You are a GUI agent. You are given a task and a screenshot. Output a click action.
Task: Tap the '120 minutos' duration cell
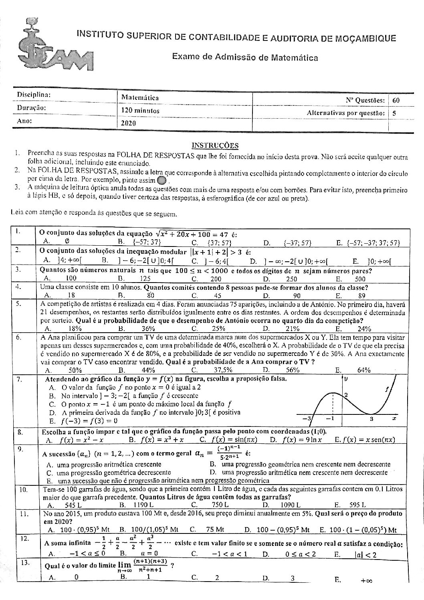[x=140, y=110]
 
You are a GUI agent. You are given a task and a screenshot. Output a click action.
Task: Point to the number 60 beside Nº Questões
[x=396, y=100]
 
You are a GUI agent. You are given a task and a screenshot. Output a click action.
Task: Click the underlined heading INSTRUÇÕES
[x=215, y=145]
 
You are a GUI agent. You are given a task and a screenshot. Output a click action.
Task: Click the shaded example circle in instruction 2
[x=162, y=181]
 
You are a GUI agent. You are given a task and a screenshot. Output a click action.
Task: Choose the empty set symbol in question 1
[x=66, y=241]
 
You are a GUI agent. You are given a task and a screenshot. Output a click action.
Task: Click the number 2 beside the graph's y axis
[x=346, y=395]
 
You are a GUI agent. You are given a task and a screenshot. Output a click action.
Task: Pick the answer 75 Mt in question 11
[x=216, y=529]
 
